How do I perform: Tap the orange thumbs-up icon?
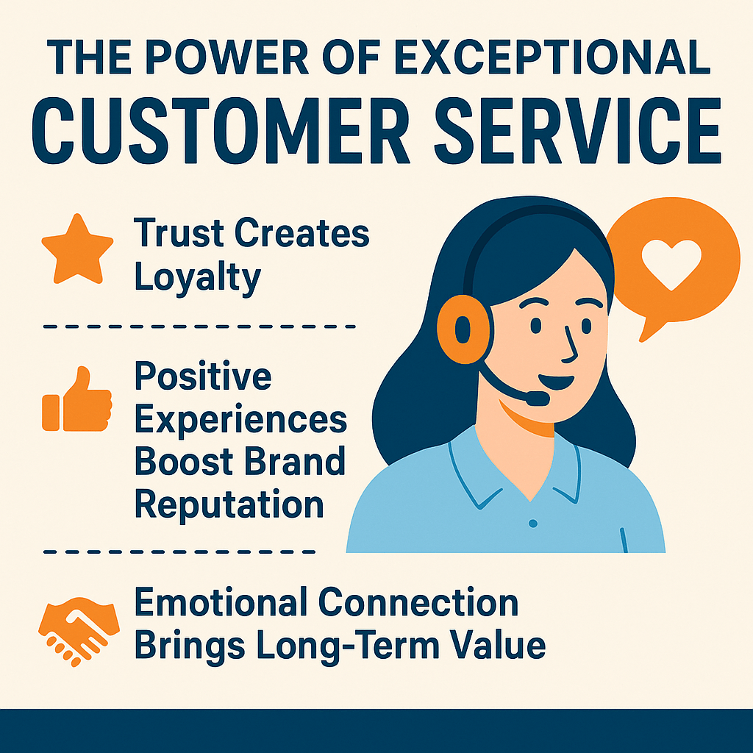click(77, 400)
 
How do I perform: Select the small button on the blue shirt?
click(533, 523)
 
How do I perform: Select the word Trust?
click(179, 234)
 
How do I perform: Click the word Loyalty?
click(198, 278)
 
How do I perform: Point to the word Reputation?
click(229, 504)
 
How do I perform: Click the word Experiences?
click(241, 420)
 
